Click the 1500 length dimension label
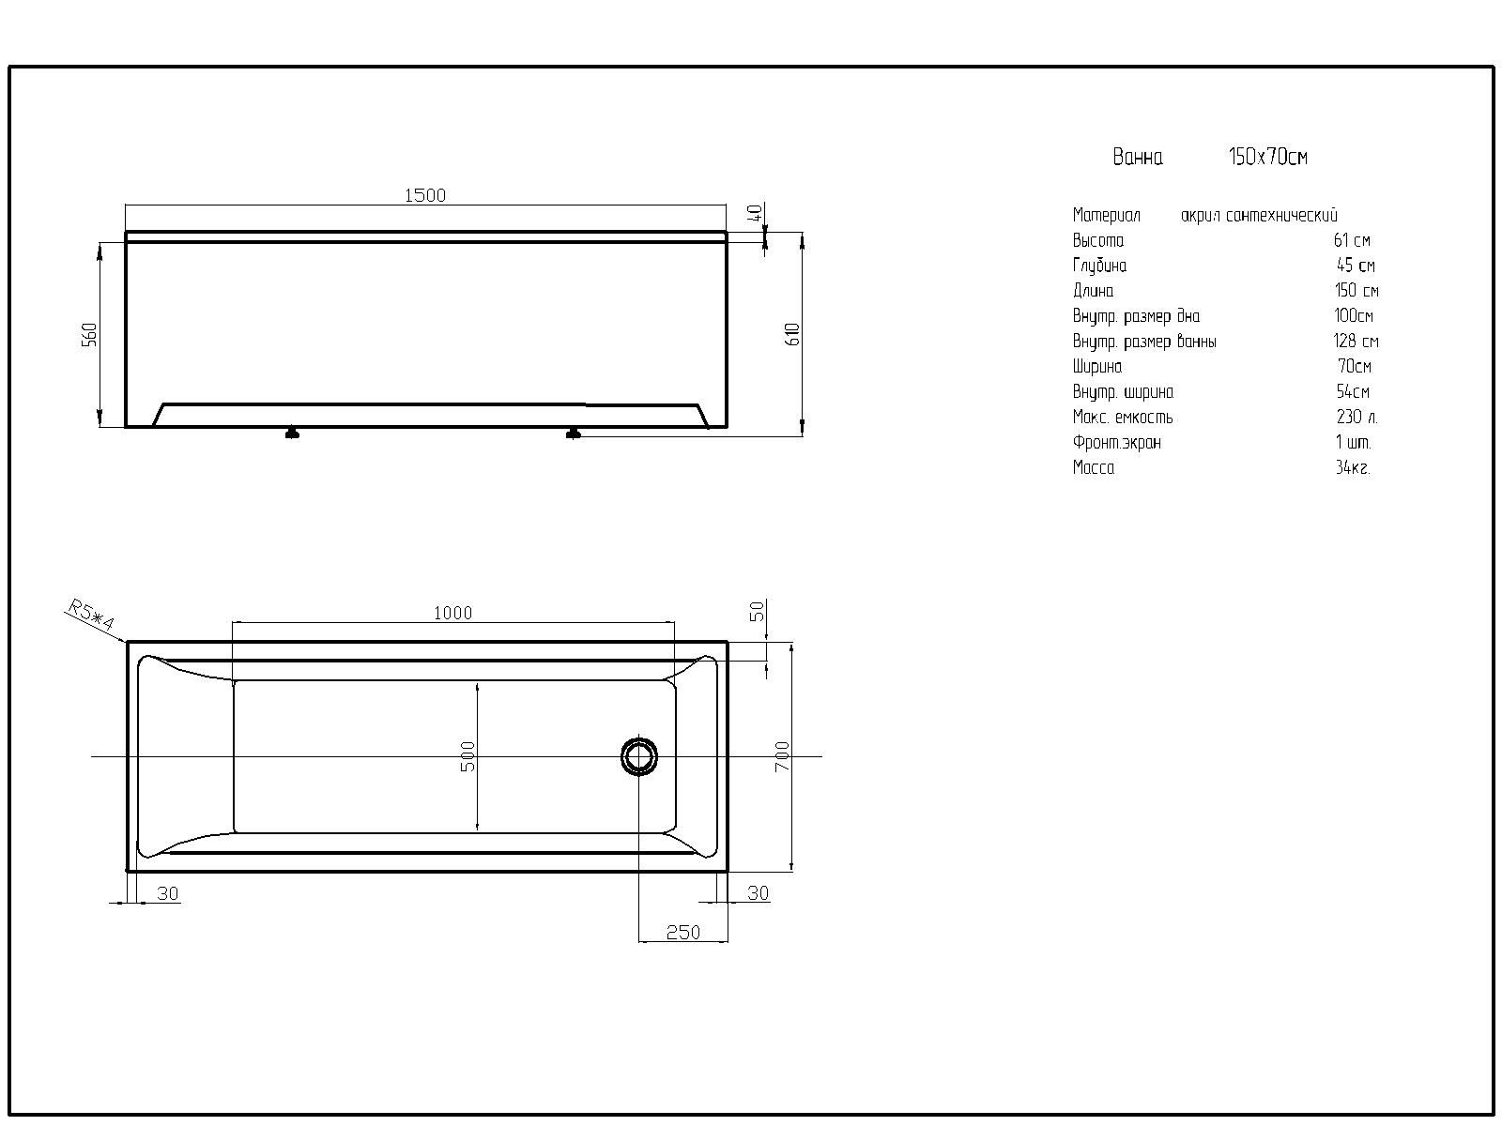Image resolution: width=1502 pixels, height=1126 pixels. [x=425, y=195]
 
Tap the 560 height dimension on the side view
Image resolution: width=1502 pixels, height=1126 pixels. [x=89, y=334]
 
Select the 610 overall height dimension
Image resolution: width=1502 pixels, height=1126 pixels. [x=792, y=334]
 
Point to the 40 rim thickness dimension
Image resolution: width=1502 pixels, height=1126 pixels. [x=755, y=213]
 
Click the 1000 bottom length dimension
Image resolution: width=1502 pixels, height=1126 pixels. [x=453, y=613]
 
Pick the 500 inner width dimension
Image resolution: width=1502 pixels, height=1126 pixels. [x=468, y=756]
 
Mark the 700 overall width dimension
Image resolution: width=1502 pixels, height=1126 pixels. [x=782, y=756]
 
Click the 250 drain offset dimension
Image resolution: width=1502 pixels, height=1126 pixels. [x=682, y=933]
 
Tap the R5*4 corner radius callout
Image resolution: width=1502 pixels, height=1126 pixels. [x=92, y=614]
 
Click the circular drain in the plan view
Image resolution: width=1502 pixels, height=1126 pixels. [x=639, y=756]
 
